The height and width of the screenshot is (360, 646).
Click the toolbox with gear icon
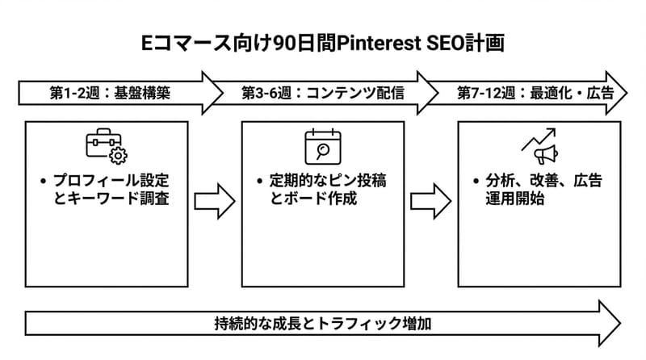[107, 146]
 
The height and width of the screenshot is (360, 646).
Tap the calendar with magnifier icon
[322, 146]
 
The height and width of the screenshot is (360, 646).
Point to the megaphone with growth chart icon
[539, 148]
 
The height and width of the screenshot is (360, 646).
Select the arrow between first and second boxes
[214, 202]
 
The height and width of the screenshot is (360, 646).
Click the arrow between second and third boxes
[430, 202]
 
